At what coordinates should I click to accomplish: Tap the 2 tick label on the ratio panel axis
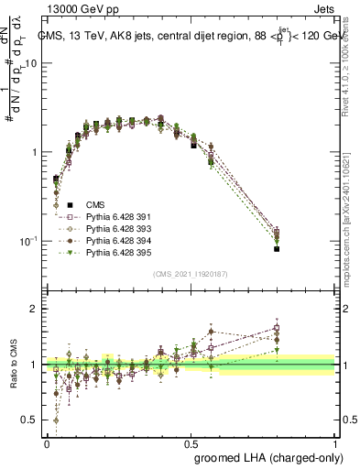coord(34,310)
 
